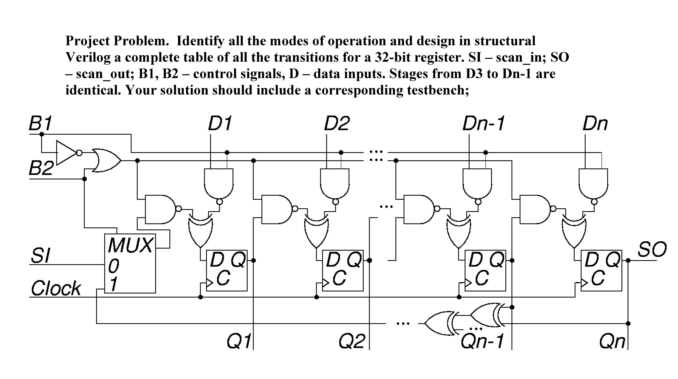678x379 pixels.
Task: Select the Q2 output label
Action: tap(352, 341)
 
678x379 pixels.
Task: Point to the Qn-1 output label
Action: tap(482, 341)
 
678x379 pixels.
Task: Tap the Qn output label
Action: tap(612, 341)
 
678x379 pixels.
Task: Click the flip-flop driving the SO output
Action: tap(601, 270)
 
